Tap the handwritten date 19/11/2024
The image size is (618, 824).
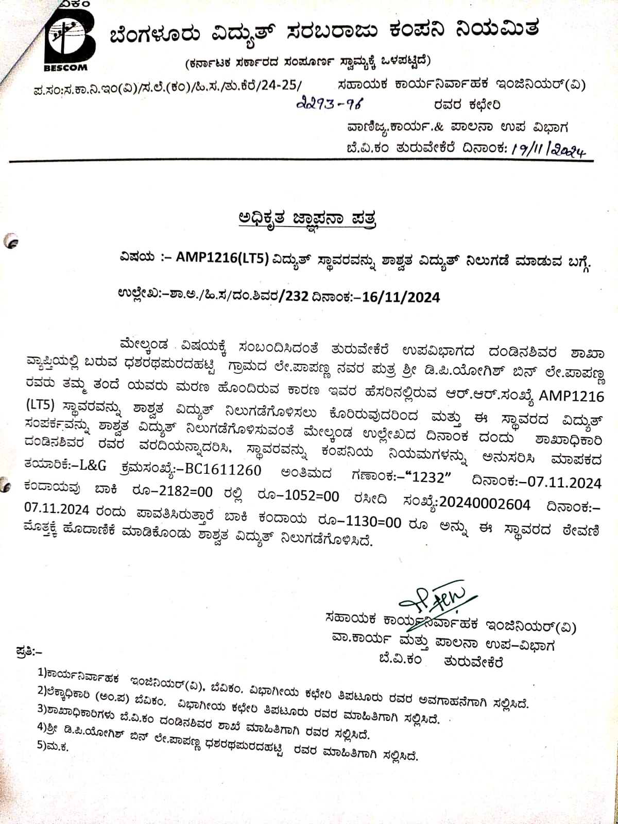(548, 149)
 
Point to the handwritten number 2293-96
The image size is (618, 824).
(330, 105)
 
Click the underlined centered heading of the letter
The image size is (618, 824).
(307, 219)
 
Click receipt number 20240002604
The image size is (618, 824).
(485, 504)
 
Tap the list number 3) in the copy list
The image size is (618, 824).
(42, 709)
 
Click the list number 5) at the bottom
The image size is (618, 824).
(42, 745)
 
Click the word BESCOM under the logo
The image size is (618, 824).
(65, 67)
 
